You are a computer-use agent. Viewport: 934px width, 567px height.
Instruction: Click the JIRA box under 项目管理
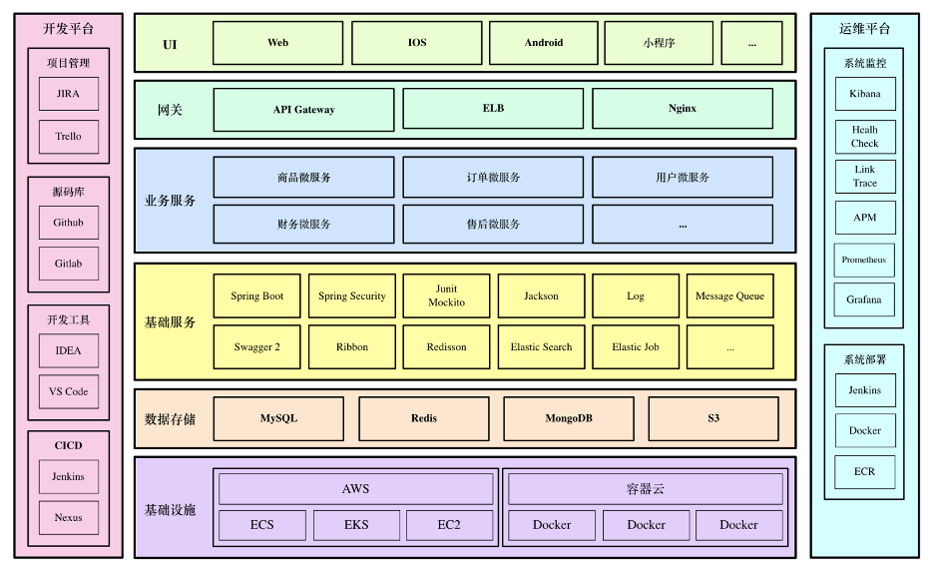(69, 94)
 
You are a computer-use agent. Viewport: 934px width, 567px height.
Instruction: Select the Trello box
(69, 137)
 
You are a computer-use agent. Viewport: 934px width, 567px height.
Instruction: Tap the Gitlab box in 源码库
(69, 264)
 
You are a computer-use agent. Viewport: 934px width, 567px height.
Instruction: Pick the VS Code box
(69, 391)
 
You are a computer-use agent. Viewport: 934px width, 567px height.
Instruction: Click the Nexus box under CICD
(69, 517)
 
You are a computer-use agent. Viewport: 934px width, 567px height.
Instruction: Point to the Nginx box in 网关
(683, 109)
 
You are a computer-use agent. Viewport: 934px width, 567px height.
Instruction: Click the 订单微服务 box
(493, 178)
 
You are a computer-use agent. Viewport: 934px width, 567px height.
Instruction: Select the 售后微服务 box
(493, 225)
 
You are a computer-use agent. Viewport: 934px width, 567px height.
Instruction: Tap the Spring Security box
(352, 296)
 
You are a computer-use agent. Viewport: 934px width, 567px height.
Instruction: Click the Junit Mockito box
(446, 296)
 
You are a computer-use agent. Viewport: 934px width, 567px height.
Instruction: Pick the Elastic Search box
(541, 347)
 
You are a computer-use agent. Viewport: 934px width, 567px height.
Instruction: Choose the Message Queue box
(729, 296)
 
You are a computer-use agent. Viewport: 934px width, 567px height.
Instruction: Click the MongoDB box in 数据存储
(568, 418)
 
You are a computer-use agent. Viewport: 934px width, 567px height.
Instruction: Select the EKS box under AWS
(356, 525)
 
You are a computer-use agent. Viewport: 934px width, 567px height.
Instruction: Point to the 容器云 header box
(646, 489)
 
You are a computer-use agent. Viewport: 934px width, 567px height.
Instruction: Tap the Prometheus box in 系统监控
(864, 261)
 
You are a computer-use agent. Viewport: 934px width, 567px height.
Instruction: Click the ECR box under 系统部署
(865, 471)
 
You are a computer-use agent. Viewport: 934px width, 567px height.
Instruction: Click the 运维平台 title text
(864, 29)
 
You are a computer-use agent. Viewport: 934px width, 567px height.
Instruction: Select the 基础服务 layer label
(171, 322)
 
